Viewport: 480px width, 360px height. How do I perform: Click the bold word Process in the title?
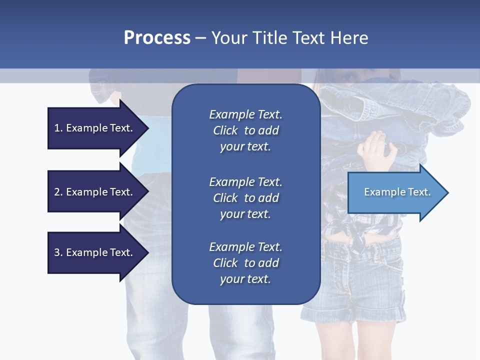157,38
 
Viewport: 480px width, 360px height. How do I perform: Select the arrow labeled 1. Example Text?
95,128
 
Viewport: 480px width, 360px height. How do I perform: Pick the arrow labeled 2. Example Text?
95,192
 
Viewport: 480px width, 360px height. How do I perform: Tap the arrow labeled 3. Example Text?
95,252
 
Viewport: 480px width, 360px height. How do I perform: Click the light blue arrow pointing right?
395,192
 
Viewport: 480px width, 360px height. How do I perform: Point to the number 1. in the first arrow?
58,128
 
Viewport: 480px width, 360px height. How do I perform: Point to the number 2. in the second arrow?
58,192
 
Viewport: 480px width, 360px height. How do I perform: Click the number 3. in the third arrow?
58,252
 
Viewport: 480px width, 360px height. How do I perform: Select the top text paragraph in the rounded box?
245,130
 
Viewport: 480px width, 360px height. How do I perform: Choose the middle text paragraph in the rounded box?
245,198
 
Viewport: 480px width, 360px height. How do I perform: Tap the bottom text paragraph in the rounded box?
245,263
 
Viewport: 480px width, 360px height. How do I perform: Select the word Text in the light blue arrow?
419,192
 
